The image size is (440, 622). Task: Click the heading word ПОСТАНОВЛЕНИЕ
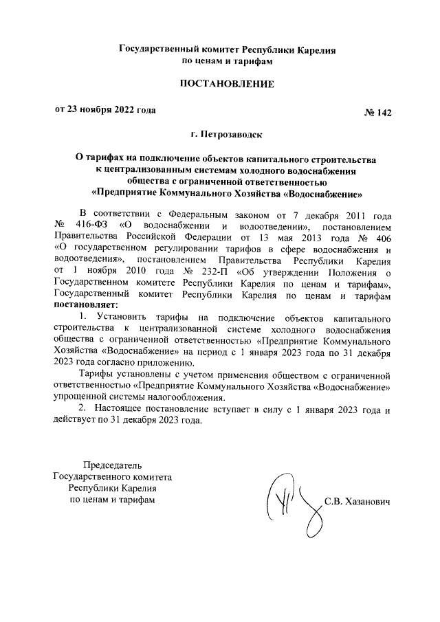[226, 85]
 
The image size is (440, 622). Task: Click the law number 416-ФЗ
[88, 225]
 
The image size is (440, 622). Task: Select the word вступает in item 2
[229, 410]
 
